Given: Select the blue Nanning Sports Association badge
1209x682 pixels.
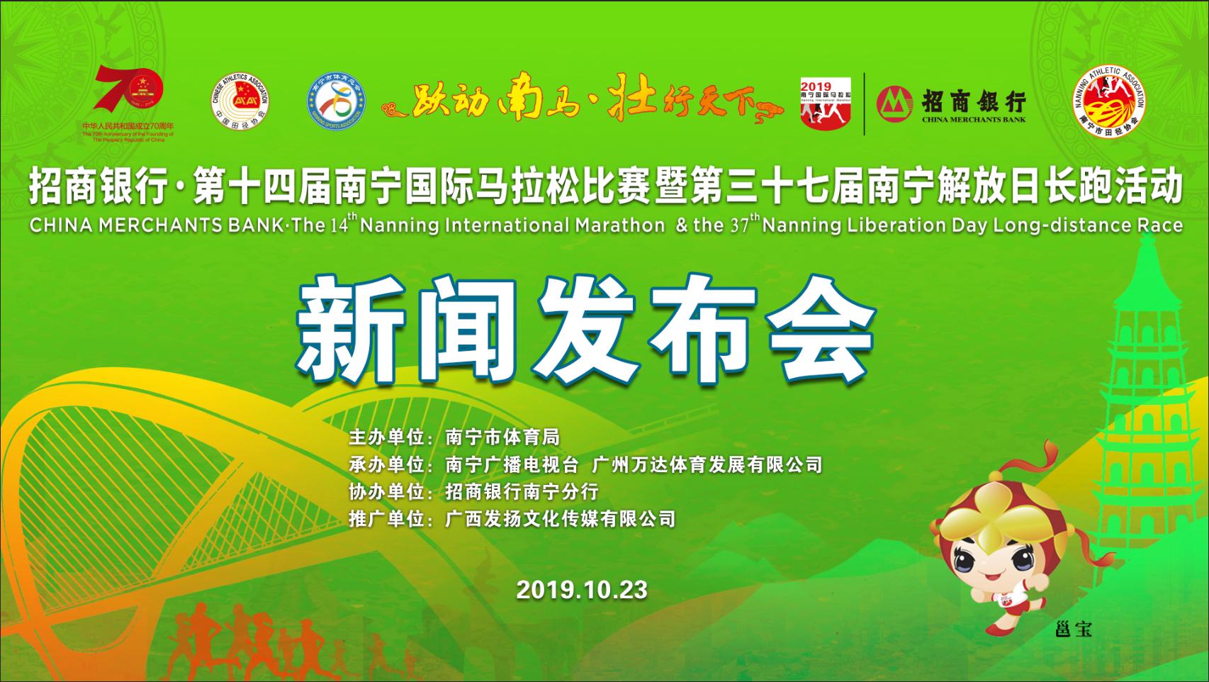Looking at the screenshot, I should [x=337, y=102].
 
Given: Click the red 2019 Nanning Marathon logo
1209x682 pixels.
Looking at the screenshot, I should [x=826, y=103].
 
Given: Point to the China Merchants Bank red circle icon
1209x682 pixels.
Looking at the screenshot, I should [x=894, y=104].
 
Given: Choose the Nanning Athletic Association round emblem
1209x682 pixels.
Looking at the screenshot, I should [x=1108, y=100].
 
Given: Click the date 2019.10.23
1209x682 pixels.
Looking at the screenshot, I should [x=582, y=590].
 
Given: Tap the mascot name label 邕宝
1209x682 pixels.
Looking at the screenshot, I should [x=1073, y=629].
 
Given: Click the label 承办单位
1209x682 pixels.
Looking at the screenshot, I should [x=387, y=465].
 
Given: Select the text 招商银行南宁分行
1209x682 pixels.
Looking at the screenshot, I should [x=522, y=491].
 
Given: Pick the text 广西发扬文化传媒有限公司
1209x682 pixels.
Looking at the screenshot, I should [x=561, y=518].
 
